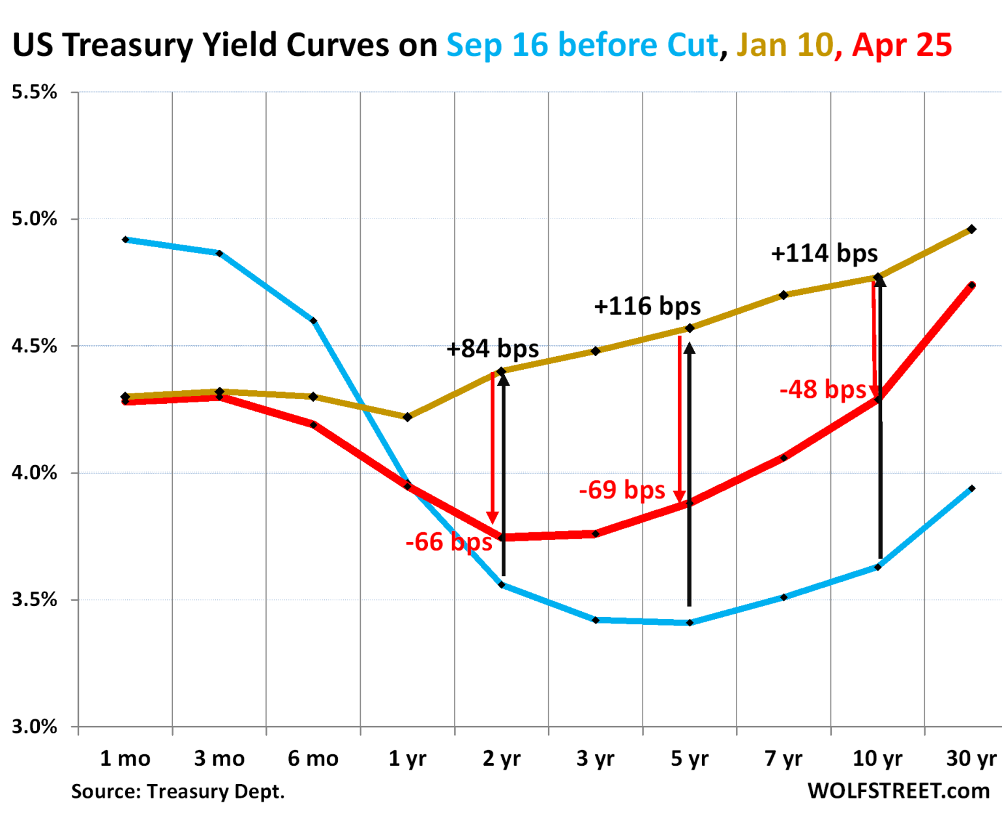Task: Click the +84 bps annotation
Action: tap(493, 349)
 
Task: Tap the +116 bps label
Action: tap(647, 306)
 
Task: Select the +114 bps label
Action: tap(825, 253)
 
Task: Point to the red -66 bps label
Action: tap(449, 542)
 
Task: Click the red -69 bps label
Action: tap(622, 490)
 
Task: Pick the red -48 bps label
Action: tap(823, 389)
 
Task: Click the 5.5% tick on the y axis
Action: tap(35, 92)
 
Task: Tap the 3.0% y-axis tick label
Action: tap(35, 726)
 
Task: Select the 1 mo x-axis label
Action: tap(125, 759)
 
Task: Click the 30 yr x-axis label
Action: tap(971, 759)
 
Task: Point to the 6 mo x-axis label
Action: tap(313, 759)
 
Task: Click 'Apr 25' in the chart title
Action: tap(902, 45)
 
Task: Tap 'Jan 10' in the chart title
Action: tap(785, 45)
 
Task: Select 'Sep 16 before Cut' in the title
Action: tap(582, 45)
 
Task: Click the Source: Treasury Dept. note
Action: tap(177, 791)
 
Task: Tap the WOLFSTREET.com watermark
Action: tap(898, 791)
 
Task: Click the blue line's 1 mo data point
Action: tap(125, 240)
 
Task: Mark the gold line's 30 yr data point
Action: tap(971, 229)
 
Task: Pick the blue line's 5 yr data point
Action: tap(690, 623)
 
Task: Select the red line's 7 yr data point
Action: tap(783, 458)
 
